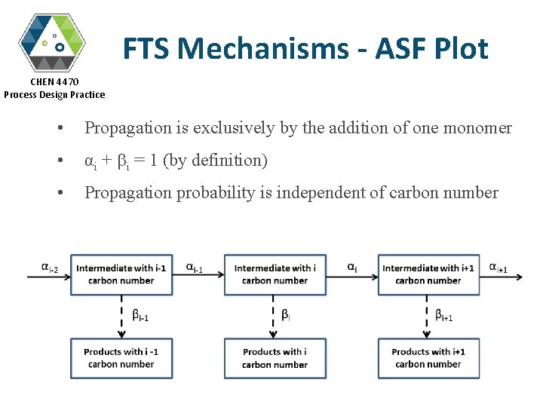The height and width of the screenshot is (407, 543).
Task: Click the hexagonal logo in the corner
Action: click(x=52, y=41)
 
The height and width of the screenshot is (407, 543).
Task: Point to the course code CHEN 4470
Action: click(x=54, y=81)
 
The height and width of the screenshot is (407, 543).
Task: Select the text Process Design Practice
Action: click(x=54, y=94)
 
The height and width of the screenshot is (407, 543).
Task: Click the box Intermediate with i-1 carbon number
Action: click(x=121, y=274)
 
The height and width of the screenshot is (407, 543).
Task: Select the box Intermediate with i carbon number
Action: click(x=275, y=274)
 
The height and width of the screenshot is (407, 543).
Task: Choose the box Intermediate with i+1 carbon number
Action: click(x=428, y=274)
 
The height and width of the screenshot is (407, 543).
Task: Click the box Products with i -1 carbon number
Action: click(x=121, y=358)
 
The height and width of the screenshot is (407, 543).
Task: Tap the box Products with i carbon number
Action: click(x=275, y=358)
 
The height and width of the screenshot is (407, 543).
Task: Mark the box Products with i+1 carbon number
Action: click(x=428, y=358)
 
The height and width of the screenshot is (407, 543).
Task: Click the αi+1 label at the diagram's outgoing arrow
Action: click(x=498, y=267)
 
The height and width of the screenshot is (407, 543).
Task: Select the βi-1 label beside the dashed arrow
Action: click(x=140, y=315)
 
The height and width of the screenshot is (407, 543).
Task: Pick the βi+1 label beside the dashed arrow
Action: click(x=444, y=315)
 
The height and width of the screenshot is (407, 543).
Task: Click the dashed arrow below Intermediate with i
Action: click(x=275, y=316)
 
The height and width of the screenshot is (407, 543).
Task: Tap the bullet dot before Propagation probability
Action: click(x=60, y=194)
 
